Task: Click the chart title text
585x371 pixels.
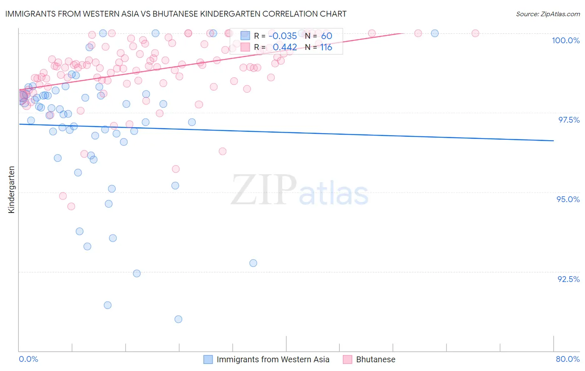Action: [176, 14]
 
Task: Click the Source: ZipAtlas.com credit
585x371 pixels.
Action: [548, 14]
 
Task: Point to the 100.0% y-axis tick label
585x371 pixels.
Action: [565, 40]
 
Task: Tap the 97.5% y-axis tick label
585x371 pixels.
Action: [568, 120]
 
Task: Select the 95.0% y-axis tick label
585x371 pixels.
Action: [568, 199]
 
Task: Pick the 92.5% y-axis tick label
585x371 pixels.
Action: [568, 279]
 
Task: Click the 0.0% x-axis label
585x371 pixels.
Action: [28, 359]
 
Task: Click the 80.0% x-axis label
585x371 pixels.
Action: [568, 359]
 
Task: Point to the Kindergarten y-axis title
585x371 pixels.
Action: [12, 190]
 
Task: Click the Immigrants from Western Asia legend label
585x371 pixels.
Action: [273, 359]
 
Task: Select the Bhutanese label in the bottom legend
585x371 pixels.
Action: [375, 359]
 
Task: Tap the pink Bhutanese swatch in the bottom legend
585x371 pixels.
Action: [347, 359]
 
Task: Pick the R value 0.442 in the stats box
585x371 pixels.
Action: [285, 47]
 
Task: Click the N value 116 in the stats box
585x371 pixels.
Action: [326, 47]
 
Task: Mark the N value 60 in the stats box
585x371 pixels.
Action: [327, 36]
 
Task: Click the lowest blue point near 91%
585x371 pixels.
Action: [178, 319]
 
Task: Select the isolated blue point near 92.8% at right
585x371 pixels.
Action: [253, 263]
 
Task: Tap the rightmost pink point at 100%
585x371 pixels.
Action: [475, 33]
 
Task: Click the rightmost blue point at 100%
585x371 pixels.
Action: [434, 33]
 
